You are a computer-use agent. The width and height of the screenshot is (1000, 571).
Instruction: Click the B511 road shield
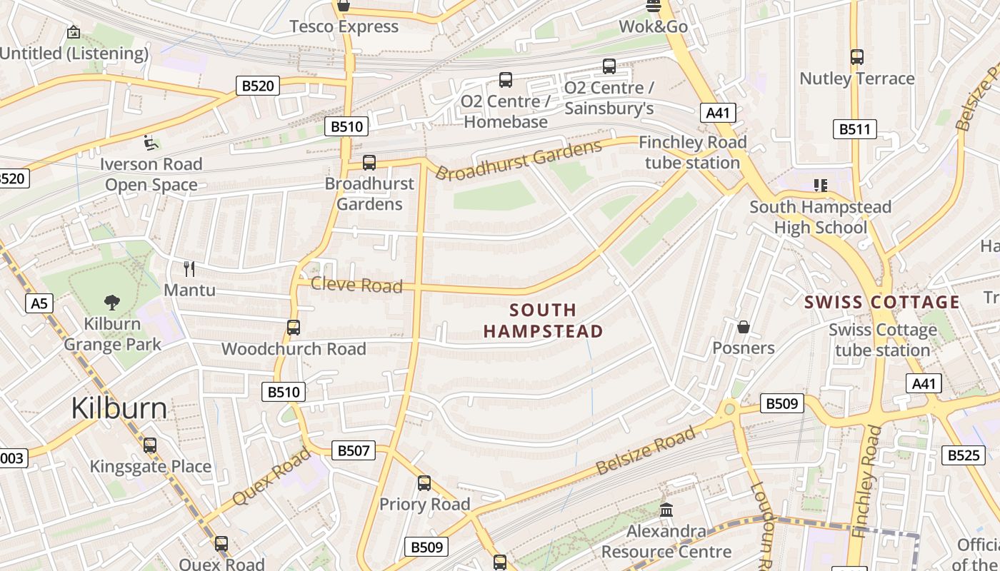coord(854,129)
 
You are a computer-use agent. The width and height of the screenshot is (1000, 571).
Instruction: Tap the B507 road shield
coord(353,450)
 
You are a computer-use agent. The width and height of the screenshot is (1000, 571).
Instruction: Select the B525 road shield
coord(963,455)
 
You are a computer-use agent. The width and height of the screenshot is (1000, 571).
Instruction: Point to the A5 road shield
coord(39,304)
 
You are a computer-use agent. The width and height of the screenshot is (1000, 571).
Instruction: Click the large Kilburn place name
coord(119,408)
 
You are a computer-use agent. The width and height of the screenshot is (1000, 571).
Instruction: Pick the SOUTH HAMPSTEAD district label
coord(543,320)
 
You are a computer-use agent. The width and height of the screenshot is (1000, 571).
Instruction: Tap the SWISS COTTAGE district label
coord(882,302)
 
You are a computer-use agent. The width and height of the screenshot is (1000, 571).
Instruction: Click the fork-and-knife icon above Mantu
coord(189,269)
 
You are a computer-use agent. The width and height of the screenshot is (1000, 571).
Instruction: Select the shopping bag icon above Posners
coord(744,327)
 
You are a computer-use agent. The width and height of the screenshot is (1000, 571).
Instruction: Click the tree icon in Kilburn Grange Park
coord(112,302)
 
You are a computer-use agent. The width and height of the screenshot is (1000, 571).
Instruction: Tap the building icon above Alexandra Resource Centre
coord(666,510)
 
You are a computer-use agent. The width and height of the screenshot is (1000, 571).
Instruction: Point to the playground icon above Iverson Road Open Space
coord(150,143)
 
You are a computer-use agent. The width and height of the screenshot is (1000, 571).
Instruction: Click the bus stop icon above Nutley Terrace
coord(857,57)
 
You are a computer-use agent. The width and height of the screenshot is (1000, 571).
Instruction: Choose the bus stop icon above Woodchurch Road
coord(293,328)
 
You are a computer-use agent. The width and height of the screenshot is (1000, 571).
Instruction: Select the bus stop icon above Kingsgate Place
coord(150,445)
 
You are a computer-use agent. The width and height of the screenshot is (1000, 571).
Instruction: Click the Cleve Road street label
coord(356,285)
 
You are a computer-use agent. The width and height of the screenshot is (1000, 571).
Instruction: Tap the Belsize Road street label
coord(645,451)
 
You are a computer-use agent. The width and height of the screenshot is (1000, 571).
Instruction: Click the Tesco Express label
coord(344,26)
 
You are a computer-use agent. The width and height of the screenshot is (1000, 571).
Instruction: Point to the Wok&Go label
coord(653,26)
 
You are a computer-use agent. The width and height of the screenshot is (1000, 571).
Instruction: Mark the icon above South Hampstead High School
coord(820,186)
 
